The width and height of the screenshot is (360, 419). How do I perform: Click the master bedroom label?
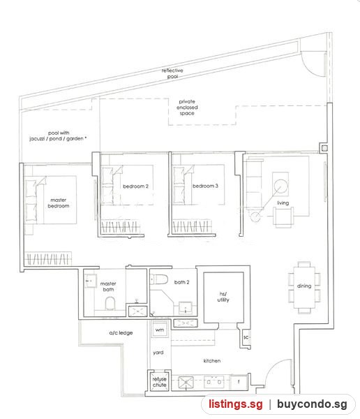59,203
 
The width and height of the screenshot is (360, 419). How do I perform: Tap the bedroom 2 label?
135,186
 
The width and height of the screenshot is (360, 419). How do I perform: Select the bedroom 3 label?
205,186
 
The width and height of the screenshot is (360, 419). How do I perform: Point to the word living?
283,203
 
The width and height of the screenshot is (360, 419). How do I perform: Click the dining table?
304,287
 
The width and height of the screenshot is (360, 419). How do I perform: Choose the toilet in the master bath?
110,303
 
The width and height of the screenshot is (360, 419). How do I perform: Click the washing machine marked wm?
160,330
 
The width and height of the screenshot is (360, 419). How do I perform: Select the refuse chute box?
160,381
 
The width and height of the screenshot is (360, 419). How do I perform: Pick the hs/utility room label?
223,297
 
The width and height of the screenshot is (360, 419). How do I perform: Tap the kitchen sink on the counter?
186,382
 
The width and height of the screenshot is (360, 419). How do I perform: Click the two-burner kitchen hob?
213,382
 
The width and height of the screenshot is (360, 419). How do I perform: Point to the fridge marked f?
239,383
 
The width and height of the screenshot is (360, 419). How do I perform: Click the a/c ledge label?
121,332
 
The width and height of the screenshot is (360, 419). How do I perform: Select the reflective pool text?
172,73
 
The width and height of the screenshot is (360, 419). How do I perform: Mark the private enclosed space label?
187,108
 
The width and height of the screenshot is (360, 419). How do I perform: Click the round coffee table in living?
280,186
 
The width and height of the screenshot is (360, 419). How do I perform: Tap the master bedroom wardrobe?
48,258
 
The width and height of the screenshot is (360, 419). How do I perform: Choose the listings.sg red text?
236,404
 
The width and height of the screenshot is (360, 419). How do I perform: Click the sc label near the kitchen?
246,337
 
